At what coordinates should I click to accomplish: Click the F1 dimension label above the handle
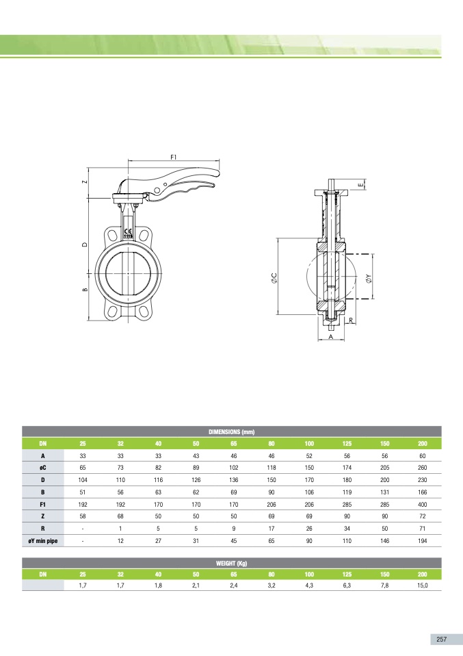coord(174,157)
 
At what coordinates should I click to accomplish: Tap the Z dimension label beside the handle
coord(85,182)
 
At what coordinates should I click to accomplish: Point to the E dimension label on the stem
coord(360,184)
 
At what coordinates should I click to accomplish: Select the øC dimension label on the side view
coord(274,278)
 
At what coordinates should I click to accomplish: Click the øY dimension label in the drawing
coord(368,279)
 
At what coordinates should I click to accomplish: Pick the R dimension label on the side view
coord(351,320)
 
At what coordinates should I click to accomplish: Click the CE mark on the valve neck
coord(129,231)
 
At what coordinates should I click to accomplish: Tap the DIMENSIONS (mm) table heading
coord(231,432)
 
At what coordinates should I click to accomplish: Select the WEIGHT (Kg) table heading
coord(231,563)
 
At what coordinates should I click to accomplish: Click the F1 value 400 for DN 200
coord(423,505)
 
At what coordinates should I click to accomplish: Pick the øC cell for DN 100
coord(309,468)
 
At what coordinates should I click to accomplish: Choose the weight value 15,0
coord(423,585)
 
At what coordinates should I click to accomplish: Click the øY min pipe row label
coord(43,541)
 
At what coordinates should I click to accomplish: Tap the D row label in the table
coord(43,480)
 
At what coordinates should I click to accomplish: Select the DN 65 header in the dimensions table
coord(234,444)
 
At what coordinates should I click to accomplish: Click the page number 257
coord(442,640)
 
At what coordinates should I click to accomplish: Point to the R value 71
coord(423,529)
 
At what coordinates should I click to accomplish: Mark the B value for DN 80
coord(272,492)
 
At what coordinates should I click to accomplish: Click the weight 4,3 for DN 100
coord(309,585)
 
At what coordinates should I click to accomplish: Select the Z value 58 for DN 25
coord(83,516)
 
